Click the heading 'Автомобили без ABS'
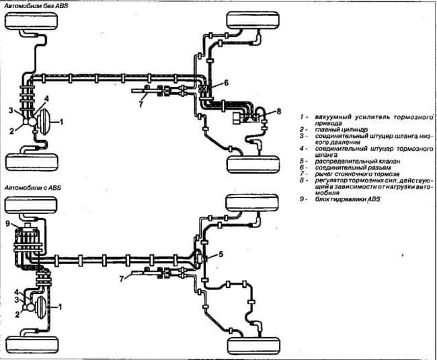(x=36, y=5)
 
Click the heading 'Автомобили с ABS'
(x=33, y=188)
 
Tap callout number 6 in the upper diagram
(x=226, y=83)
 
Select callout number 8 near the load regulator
(x=278, y=112)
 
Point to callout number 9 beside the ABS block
(x=8, y=223)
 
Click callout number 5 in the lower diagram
(x=221, y=254)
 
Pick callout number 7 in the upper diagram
(x=141, y=104)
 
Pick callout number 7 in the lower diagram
(x=122, y=279)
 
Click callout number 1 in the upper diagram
(x=62, y=122)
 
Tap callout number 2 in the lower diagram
(x=17, y=314)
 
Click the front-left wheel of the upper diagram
(x=32, y=21)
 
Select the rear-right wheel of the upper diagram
(x=253, y=164)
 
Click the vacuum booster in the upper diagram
(x=44, y=122)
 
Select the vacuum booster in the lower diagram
(x=41, y=307)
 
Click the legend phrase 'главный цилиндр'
(x=342, y=129)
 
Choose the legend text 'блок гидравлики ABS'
(x=348, y=199)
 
